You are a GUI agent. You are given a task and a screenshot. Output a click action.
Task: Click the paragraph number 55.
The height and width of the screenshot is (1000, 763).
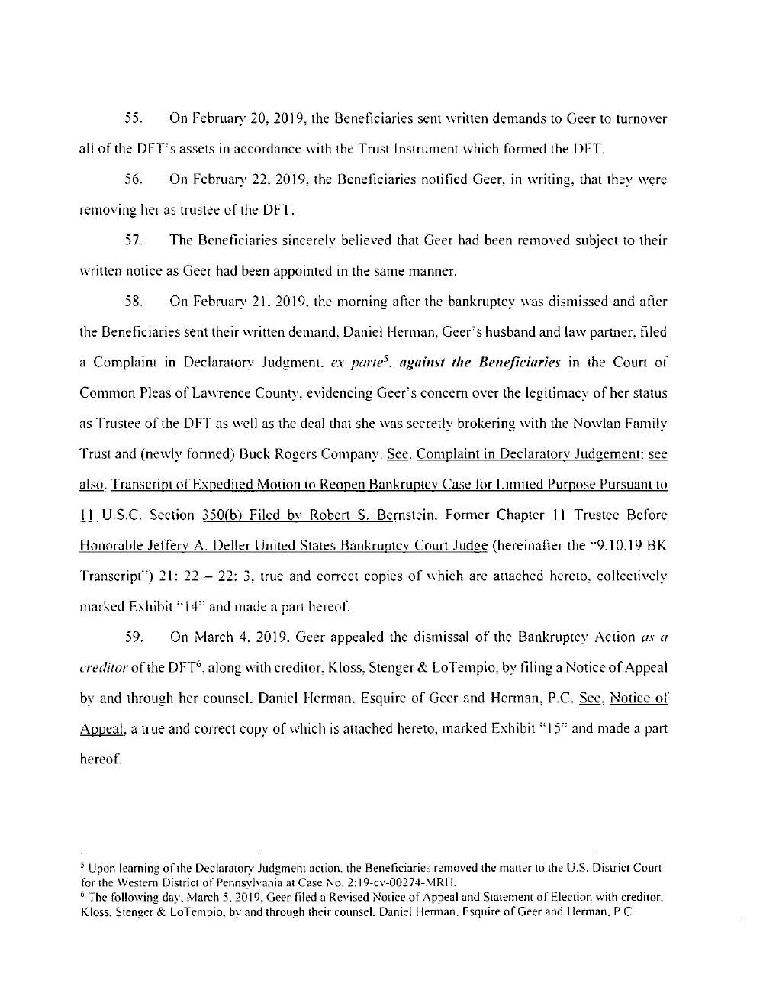click(131, 119)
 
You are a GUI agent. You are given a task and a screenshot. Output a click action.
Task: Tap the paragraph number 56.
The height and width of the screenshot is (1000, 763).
click(131, 180)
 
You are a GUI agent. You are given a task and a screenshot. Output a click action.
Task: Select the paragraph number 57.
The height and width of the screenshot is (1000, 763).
click(131, 241)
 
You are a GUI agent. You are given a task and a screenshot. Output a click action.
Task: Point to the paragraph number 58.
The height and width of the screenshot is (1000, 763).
click(131, 302)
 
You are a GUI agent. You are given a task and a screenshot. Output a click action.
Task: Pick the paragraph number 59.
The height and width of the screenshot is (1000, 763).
click(131, 637)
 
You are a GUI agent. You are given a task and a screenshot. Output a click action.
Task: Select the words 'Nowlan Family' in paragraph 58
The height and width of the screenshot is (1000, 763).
click(626, 424)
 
